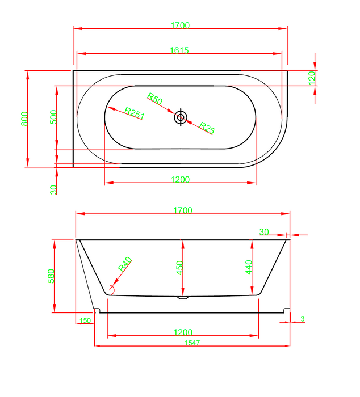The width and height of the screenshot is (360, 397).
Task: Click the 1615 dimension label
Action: pos(179,50)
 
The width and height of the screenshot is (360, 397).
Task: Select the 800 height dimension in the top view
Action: pos(24,119)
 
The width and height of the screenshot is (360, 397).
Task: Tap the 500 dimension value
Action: pos(53,117)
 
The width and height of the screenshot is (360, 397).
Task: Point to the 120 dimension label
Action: pos(312,78)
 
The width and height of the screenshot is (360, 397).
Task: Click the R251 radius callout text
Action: pos(135,113)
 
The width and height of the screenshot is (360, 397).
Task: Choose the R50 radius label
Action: pos(154,99)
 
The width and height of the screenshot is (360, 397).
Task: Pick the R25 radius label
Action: pos(207,128)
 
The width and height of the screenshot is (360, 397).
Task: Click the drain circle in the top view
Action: pos(181,117)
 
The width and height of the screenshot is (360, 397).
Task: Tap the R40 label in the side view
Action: pos(125,264)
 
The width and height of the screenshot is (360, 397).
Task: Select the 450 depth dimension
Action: pos(179,268)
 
